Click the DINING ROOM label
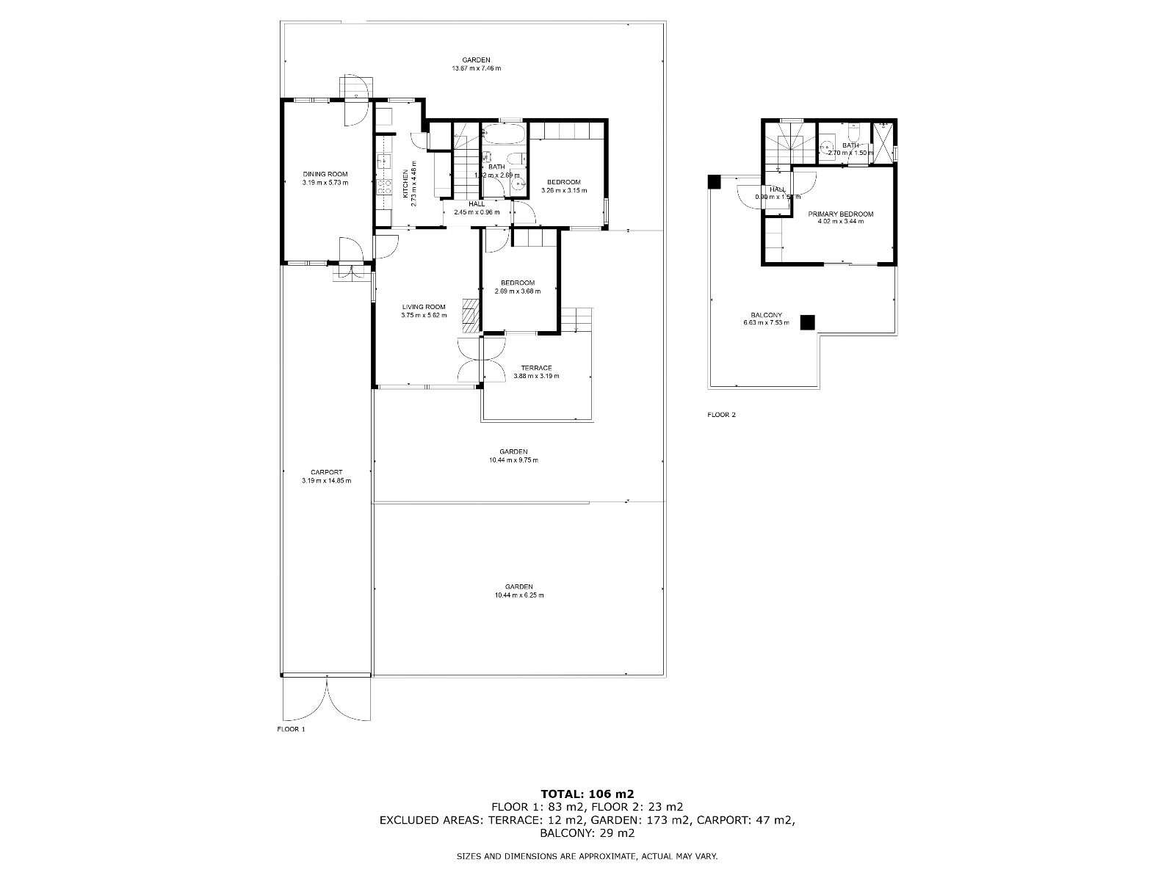325,174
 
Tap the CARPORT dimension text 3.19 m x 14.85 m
326,481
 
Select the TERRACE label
536,368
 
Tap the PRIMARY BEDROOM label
841,214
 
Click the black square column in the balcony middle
808,322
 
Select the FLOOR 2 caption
721,415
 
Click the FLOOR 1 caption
290,729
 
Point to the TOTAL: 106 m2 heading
587,793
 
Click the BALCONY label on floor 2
767,315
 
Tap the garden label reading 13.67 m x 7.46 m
476,68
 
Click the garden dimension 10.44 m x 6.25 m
519,595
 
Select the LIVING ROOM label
424,307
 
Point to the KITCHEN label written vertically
405,184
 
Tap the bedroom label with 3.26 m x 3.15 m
563,182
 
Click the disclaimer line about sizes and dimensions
587,856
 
